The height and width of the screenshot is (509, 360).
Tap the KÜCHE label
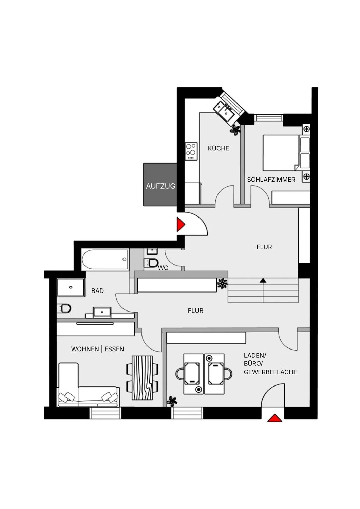[x=218, y=148]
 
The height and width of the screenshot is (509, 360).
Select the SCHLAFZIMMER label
[x=271, y=180]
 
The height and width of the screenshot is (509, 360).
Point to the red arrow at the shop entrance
[x=274, y=418]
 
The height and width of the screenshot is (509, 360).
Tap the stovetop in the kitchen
[x=191, y=151]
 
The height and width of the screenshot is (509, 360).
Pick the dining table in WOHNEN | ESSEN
[x=142, y=377]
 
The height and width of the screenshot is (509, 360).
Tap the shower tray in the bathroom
[x=71, y=287]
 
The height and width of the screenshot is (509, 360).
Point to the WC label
[x=163, y=268]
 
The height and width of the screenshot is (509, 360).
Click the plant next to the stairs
[x=222, y=283]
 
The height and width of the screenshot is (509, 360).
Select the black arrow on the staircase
[x=263, y=280]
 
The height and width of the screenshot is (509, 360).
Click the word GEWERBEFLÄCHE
[x=270, y=372]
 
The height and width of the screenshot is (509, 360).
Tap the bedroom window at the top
[x=269, y=118]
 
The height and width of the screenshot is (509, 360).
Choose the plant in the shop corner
[x=172, y=401]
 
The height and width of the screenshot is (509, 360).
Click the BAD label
[x=97, y=291]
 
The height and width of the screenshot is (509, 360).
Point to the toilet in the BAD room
[x=64, y=308]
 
